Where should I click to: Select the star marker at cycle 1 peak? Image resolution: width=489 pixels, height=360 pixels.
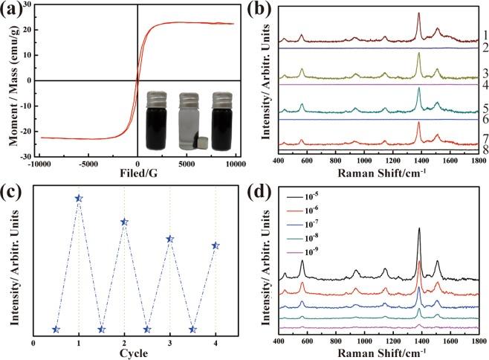click(79, 198)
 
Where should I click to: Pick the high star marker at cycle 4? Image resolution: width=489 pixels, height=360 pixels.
click(216, 245)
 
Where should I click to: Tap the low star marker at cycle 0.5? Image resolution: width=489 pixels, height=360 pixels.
click(56, 329)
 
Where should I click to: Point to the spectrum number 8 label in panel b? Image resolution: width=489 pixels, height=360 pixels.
click(484, 149)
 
